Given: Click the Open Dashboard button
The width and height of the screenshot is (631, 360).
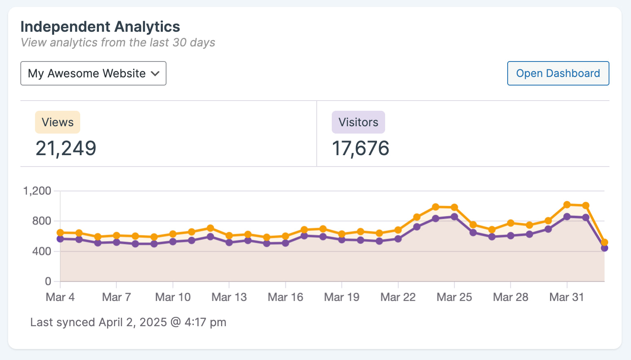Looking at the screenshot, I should click(558, 73).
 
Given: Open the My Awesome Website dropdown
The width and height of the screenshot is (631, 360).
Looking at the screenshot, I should click(93, 73).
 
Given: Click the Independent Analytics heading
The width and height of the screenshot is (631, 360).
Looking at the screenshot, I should click(100, 27).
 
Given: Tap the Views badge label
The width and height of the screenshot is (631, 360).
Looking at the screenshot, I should click(57, 122).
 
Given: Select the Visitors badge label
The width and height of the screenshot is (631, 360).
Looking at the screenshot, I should click(358, 122).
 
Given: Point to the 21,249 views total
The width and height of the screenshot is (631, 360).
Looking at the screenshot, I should click(66, 148).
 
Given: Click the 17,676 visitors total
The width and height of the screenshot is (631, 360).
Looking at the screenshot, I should click(361, 148).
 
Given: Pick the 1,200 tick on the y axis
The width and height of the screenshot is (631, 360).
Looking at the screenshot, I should click(37, 191).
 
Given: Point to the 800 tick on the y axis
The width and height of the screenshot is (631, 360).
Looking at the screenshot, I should click(42, 221).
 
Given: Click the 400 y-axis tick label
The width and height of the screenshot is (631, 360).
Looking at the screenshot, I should click(42, 251).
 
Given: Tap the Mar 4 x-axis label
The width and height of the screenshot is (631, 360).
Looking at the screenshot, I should click(60, 297).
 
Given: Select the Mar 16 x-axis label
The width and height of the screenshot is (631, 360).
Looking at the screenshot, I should click(285, 297).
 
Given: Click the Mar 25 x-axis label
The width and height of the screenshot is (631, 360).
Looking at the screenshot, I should click(454, 297).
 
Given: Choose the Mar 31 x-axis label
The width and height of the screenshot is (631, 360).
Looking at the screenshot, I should click(567, 297).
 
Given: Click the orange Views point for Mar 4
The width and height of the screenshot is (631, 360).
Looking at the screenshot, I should click(60, 233).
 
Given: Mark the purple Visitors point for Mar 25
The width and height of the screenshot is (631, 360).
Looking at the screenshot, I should click(454, 217).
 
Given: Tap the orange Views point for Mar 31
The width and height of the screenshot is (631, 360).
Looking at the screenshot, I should click(567, 205).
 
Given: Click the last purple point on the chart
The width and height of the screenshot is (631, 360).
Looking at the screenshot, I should click(604, 248).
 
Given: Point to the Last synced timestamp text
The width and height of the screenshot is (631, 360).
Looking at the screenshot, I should click(128, 323).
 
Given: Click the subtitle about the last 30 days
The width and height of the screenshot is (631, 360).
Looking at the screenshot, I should click(118, 43).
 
